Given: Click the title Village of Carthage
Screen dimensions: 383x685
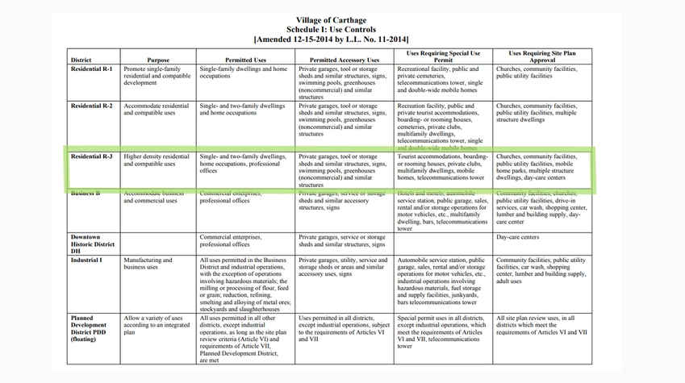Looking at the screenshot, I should click(x=331, y=20).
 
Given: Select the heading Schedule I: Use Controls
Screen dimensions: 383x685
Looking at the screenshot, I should click(x=331, y=29).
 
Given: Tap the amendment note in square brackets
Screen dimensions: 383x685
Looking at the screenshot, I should click(x=331, y=39).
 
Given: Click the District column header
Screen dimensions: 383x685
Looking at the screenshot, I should click(x=81, y=60).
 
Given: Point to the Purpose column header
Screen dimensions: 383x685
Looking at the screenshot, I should click(x=158, y=60).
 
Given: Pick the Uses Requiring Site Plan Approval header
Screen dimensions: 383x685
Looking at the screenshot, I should click(x=541, y=56).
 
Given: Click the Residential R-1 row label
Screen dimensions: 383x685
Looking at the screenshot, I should click(x=91, y=69).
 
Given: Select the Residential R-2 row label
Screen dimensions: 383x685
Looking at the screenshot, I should click(x=91, y=106).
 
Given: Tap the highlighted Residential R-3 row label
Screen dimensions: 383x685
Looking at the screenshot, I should click(x=91, y=156).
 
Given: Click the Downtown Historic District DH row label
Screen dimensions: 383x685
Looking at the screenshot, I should click(x=91, y=244).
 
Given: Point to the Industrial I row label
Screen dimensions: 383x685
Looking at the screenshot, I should click(x=86, y=260).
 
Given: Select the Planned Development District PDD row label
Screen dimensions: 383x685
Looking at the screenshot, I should click(x=91, y=331).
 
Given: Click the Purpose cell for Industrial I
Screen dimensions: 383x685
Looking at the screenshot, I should click(x=157, y=264).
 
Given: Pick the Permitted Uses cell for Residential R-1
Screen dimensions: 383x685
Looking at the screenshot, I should click(x=244, y=73).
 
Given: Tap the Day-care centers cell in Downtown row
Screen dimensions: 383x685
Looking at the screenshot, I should click(x=518, y=237).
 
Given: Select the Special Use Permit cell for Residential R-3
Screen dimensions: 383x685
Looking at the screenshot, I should click(x=442, y=167).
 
